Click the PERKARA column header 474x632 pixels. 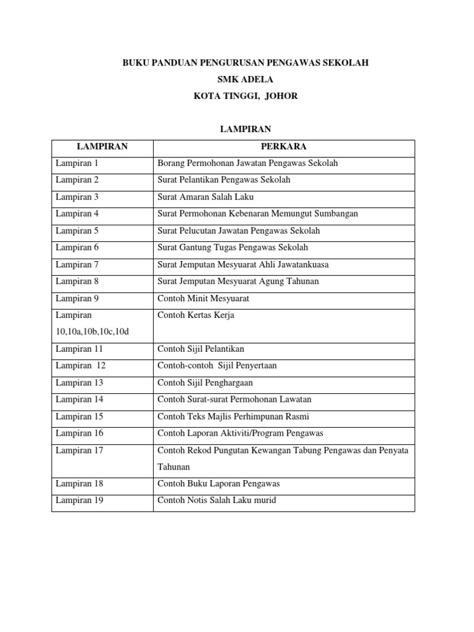tap(283, 146)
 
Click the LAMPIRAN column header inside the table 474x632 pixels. tap(102, 146)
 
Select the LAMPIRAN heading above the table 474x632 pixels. tap(237, 128)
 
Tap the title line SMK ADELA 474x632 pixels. tap(237, 80)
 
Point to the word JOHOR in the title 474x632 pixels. tap(282, 96)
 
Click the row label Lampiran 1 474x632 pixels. tap(77, 164)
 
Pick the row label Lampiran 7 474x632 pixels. tap(77, 264)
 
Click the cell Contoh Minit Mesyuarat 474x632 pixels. tap(204, 298)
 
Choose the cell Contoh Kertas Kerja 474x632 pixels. tap(196, 315)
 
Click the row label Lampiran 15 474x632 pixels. tap(80, 416)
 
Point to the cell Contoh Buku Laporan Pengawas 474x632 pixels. tap(218, 483)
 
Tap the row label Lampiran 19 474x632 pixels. tap(80, 500)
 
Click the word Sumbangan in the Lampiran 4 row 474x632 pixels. tap(334, 214)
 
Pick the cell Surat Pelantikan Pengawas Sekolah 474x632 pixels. tap(224, 180)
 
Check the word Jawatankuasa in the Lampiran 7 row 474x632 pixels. tap(300, 264)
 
